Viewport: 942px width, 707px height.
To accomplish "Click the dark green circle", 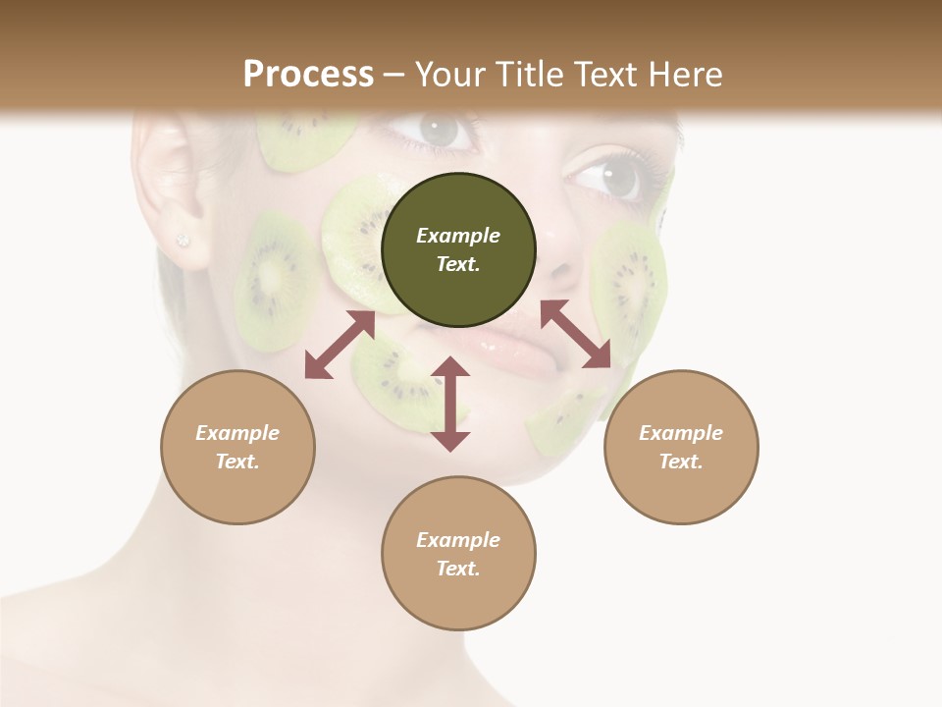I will coord(458,249).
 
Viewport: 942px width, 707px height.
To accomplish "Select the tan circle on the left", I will coord(237,447).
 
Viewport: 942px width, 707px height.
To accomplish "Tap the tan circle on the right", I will coord(681,447).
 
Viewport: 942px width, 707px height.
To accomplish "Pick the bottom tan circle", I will coord(458,554).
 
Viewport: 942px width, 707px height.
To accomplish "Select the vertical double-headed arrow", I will coord(450,404).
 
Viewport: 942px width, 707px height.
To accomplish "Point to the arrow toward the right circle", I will coord(576,334).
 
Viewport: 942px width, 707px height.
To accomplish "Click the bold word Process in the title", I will coord(308,74).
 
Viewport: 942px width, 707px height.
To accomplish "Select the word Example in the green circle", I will coord(458,236).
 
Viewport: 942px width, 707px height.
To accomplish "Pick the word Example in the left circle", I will coord(237,433).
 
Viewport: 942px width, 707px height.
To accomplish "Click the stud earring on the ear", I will coord(182,240).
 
